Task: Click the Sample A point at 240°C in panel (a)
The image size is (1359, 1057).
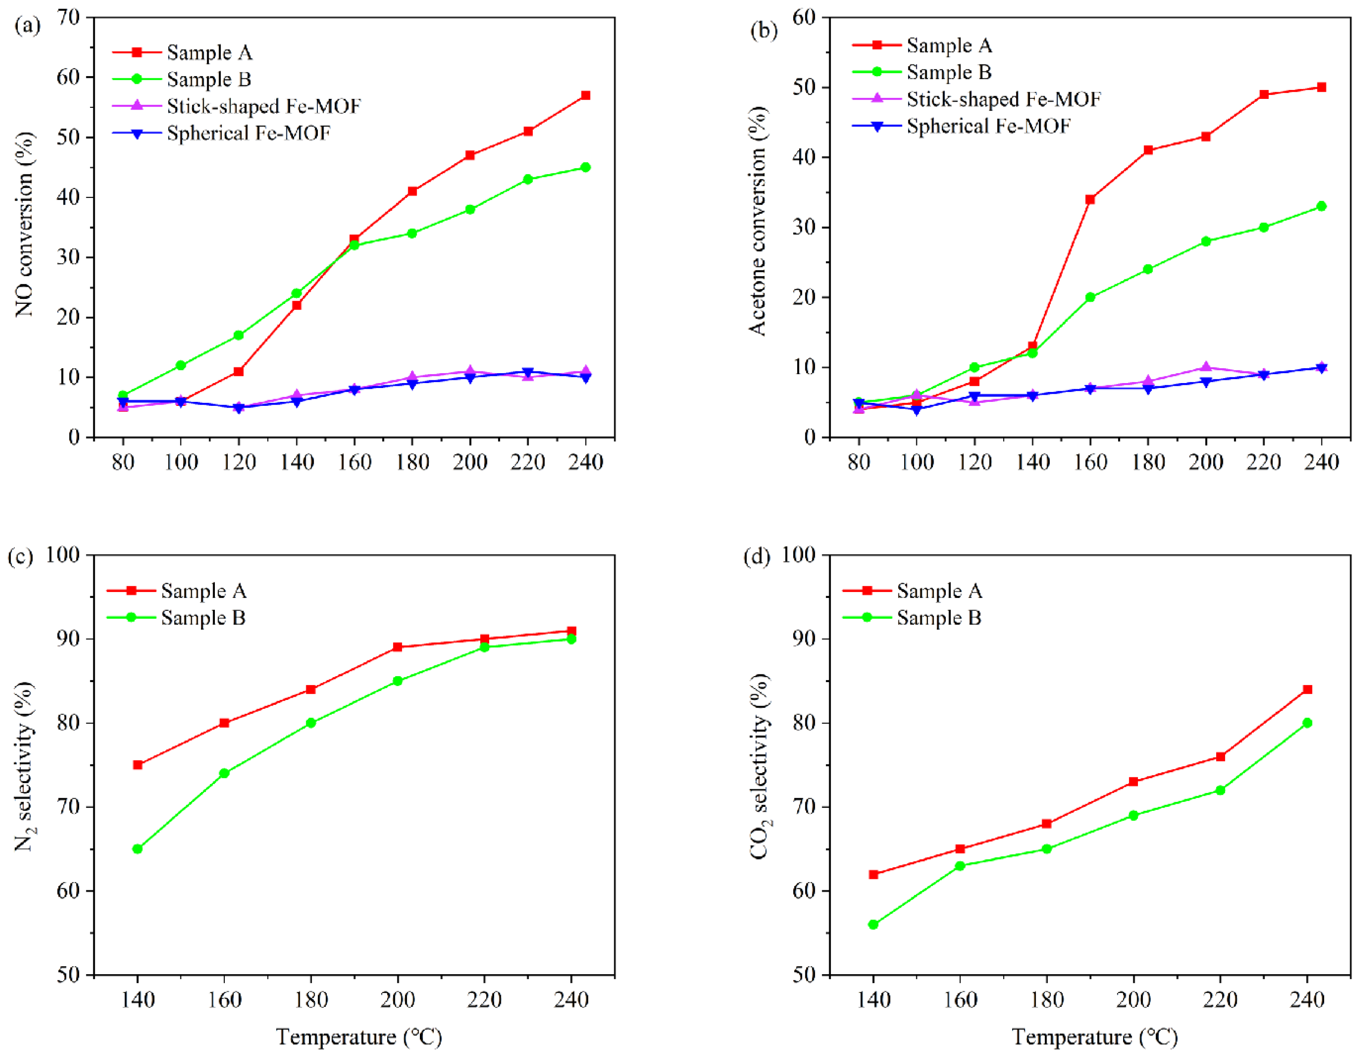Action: coord(585,95)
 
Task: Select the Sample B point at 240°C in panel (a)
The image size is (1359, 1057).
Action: coord(585,167)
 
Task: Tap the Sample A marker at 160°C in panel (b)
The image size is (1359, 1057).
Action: coord(1090,199)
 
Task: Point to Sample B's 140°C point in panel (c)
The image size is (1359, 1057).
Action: coord(137,848)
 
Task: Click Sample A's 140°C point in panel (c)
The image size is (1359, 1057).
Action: coord(137,765)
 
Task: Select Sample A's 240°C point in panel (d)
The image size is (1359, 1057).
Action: coord(1308,689)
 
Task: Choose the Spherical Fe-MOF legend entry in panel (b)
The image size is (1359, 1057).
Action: coord(988,126)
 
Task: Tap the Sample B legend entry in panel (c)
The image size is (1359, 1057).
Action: coord(203,618)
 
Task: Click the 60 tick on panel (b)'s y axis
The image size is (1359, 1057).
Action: coord(804,17)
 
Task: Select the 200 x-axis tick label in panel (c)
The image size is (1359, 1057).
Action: coord(397,1000)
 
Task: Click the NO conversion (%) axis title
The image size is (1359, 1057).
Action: coord(25,224)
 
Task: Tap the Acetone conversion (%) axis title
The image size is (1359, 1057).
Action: coord(758,221)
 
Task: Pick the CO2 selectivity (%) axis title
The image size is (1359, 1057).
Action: coord(760,767)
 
